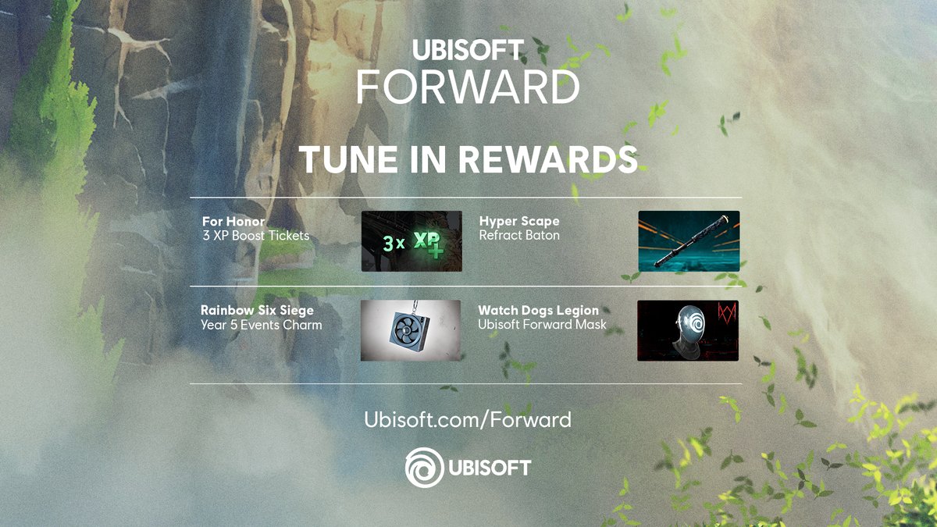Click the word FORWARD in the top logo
tap(468, 87)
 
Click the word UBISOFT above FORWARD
tap(468, 51)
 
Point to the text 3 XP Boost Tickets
tap(255, 235)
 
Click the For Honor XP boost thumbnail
tap(411, 241)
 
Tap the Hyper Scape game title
tap(519, 222)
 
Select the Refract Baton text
tap(519, 235)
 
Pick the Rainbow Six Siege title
tap(257, 311)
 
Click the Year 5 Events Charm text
tap(261, 325)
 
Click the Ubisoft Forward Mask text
tap(542, 325)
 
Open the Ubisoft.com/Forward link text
tap(468, 420)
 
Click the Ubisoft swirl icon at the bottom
tap(423, 468)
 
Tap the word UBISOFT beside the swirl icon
tap(490, 468)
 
